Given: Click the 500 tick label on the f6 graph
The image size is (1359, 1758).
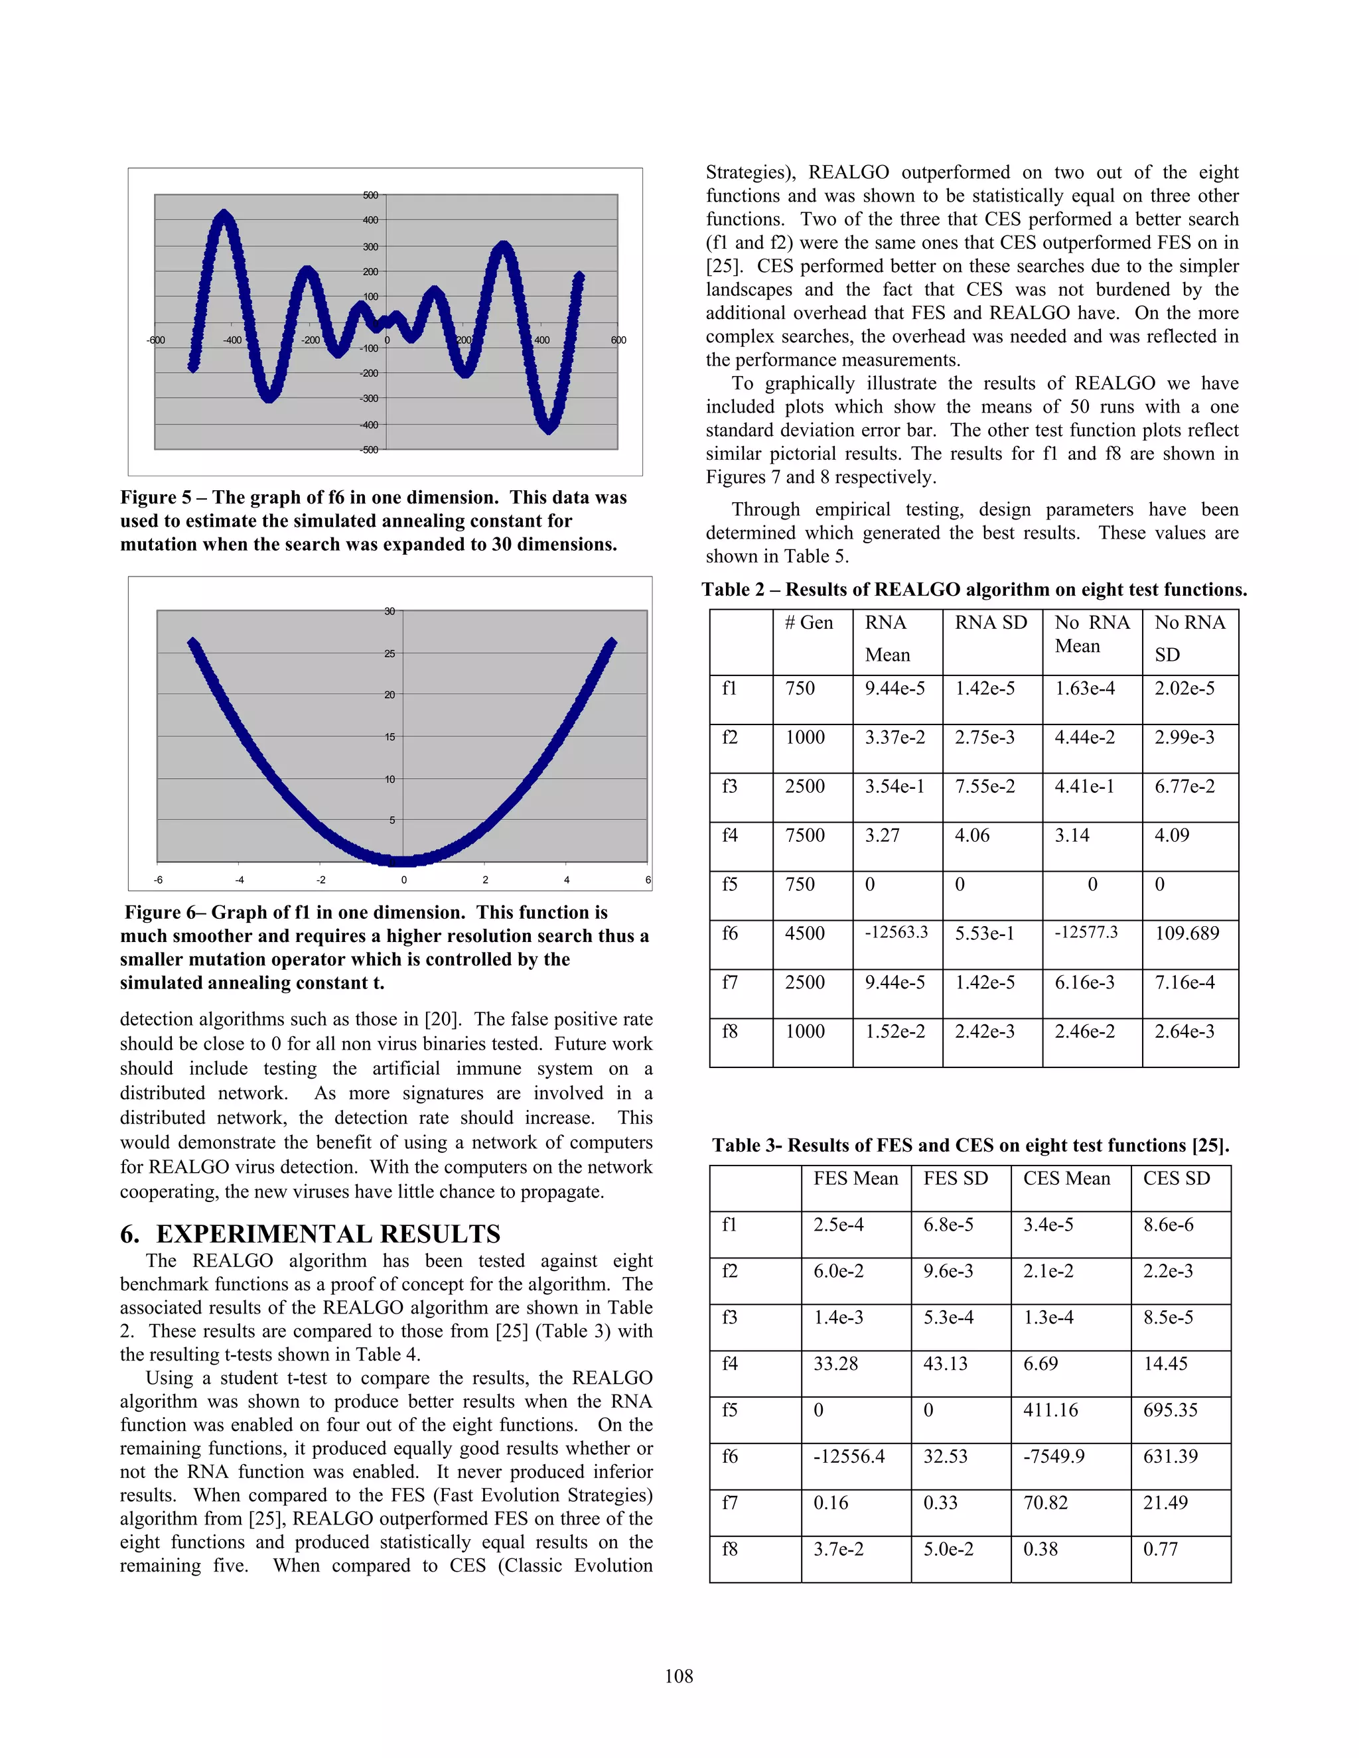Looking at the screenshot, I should tap(370, 196).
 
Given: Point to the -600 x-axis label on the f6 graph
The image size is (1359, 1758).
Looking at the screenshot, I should tap(155, 340).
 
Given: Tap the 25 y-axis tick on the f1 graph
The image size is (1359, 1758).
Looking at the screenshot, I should tap(390, 653).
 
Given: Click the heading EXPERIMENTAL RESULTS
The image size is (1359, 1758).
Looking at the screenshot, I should tap(328, 1234).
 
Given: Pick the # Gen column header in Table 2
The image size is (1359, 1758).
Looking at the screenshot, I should tap(808, 623).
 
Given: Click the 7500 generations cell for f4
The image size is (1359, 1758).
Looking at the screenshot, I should tap(804, 835).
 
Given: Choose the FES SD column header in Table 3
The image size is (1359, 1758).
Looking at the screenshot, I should tap(956, 1178).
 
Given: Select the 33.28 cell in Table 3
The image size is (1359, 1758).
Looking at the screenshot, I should tap(835, 1363).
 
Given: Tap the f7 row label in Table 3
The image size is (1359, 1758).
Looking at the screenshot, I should tap(729, 1503).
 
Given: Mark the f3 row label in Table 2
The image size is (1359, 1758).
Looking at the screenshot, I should tap(729, 786).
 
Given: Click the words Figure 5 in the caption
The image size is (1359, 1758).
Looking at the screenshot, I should tap(155, 498).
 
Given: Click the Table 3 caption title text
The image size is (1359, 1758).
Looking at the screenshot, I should tap(970, 1146).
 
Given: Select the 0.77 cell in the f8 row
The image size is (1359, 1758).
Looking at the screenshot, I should tap(1160, 1549).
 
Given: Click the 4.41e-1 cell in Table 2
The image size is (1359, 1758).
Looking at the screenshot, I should tap(1084, 786).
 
